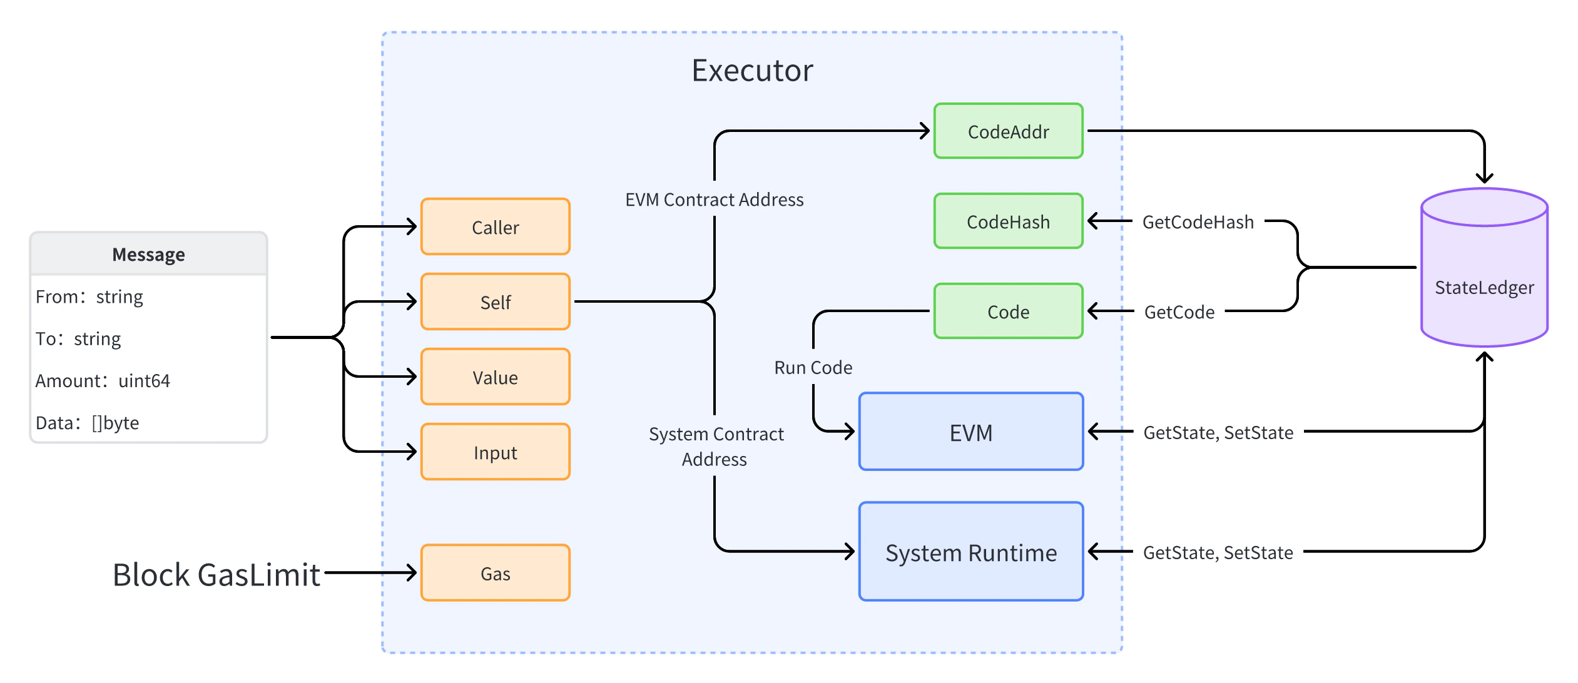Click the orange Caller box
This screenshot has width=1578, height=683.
(x=495, y=227)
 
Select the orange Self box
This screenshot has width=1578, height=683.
(x=495, y=302)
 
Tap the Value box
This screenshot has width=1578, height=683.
(x=495, y=377)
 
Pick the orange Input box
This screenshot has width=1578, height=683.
(x=495, y=452)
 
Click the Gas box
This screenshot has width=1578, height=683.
(x=495, y=573)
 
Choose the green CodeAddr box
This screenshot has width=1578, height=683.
(x=1008, y=131)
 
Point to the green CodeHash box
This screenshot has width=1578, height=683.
(x=1008, y=221)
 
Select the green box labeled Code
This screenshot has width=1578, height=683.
(x=1008, y=311)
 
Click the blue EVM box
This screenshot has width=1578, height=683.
(x=970, y=432)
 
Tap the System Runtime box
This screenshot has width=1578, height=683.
(x=970, y=552)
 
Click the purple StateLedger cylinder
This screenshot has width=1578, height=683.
(x=1484, y=275)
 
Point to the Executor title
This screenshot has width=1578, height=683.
(x=752, y=70)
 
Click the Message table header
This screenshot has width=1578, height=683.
(x=148, y=254)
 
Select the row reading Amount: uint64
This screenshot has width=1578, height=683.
(x=103, y=380)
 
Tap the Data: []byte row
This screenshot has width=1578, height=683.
(x=88, y=423)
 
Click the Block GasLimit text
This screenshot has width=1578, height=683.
(x=216, y=574)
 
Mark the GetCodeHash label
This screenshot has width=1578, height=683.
(x=1198, y=222)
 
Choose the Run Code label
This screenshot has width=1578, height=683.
(x=813, y=367)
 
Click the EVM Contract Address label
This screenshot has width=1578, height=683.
(x=714, y=200)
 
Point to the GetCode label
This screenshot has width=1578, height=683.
(x=1179, y=311)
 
